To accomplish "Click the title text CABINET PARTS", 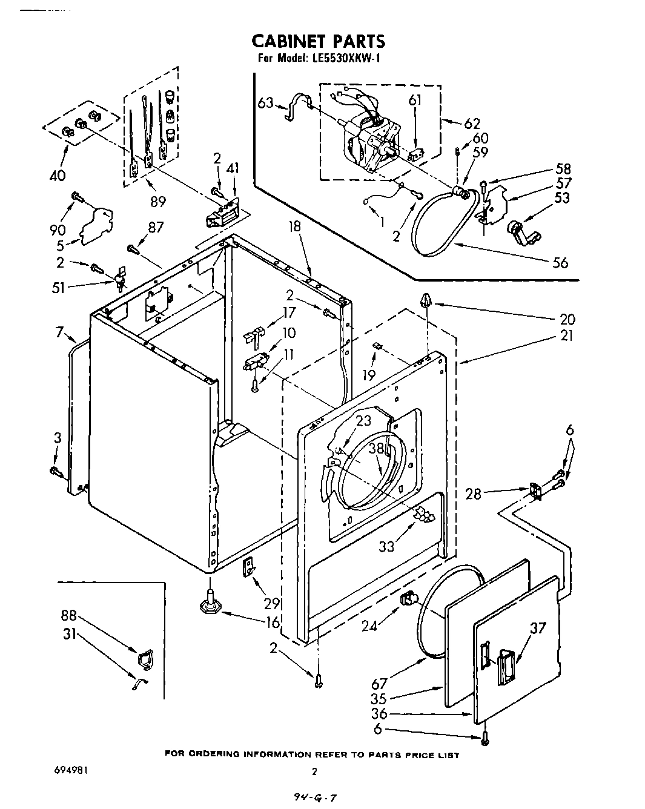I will pyautogui.click(x=318, y=41).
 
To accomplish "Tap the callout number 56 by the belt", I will pyautogui.click(x=560, y=262).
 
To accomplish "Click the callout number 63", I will pyautogui.click(x=266, y=103).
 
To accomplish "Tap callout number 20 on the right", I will pyautogui.click(x=567, y=319).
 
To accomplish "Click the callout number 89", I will pyautogui.click(x=157, y=200).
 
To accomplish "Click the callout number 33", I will pyautogui.click(x=386, y=546).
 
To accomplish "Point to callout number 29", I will pyautogui.click(x=272, y=603).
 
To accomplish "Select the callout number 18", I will pyautogui.click(x=295, y=227).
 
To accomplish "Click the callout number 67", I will pyautogui.click(x=379, y=684).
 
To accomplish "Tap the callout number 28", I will pyautogui.click(x=474, y=494).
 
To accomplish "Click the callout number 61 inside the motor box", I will pyautogui.click(x=414, y=101).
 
